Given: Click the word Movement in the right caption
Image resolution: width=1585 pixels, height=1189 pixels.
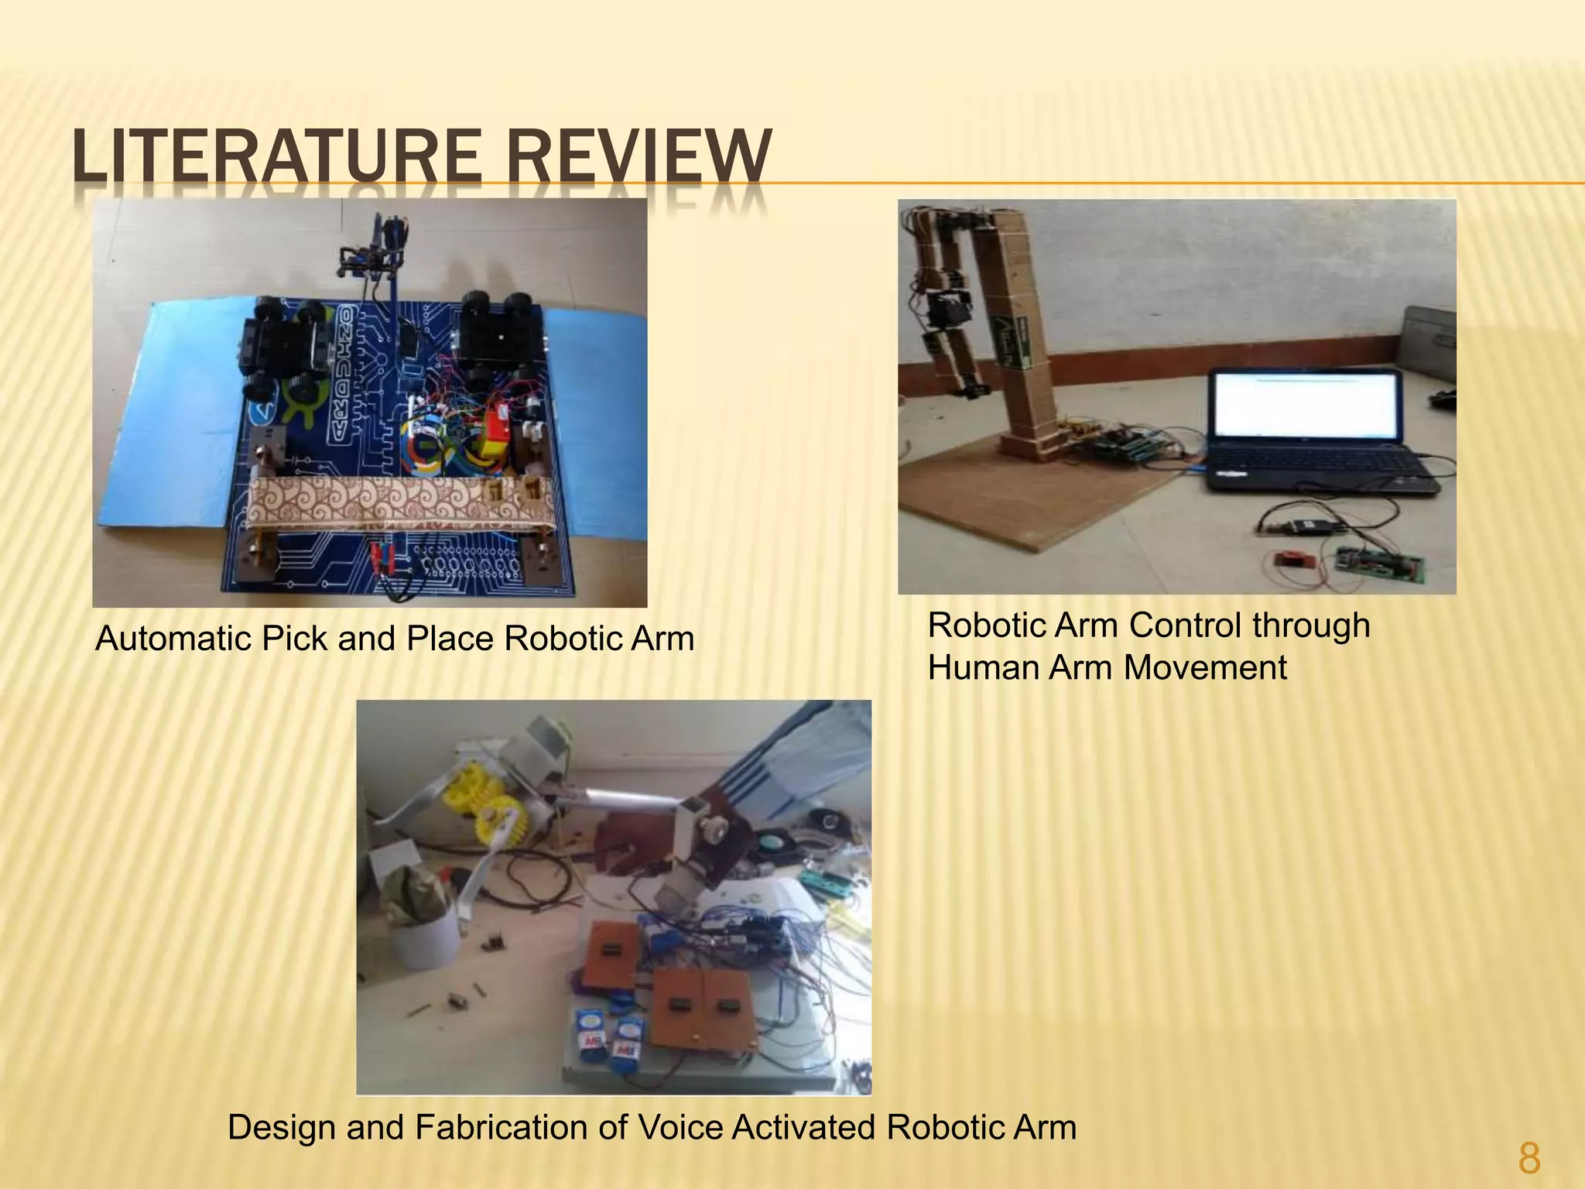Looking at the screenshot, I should point(1205,668).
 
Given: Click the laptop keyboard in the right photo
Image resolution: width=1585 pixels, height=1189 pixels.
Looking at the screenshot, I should point(1316,472).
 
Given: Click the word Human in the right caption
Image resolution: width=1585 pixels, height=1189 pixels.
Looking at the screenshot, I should point(983,668).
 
